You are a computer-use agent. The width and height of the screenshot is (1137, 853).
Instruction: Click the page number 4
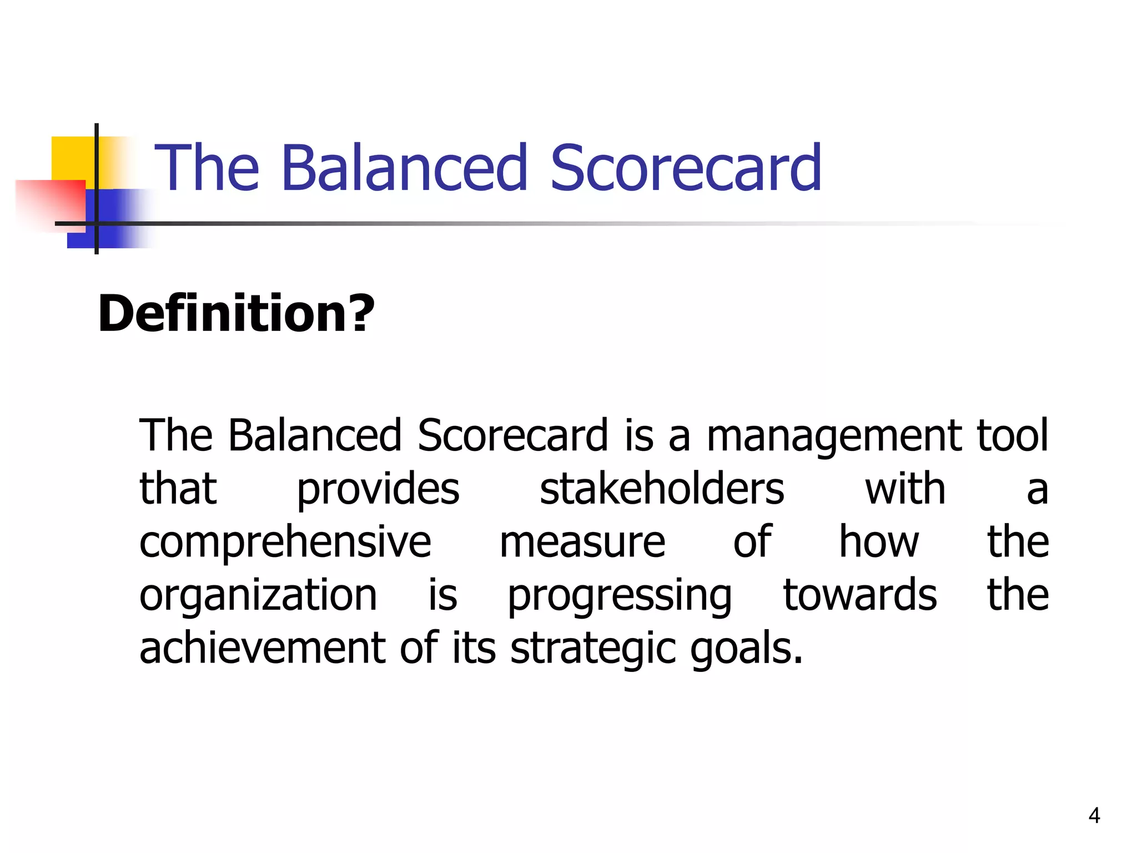(x=1094, y=815)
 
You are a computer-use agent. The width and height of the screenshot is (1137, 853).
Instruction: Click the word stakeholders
(x=662, y=490)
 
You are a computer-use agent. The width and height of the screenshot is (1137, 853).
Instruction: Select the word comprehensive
(x=285, y=543)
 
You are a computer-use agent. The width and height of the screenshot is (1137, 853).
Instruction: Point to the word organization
(x=258, y=595)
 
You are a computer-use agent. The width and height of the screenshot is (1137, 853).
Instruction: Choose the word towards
(x=860, y=595)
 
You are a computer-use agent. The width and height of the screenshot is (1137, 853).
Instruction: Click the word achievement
(x=262, y=649)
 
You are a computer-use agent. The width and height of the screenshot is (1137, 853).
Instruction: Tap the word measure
(x=582, y=543)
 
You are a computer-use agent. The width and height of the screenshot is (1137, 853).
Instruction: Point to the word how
(x=879, y=542)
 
